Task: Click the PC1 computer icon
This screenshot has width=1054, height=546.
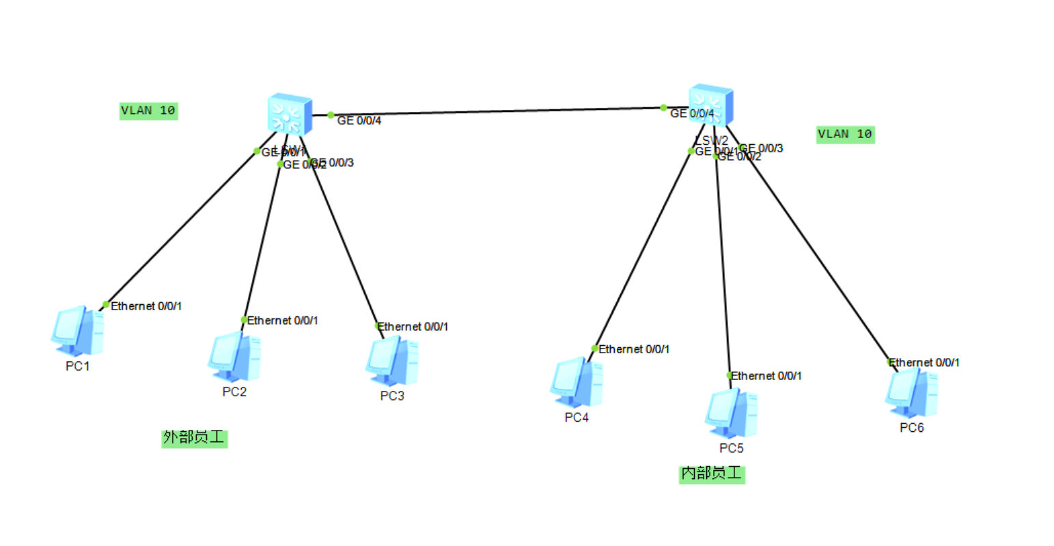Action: pyautogui.click(x=77, y=331)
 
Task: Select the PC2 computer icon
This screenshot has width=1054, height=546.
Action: pyautogui.click(x=234, y=357)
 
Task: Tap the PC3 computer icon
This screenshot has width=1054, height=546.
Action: pyautogui.click(x=391, y=361)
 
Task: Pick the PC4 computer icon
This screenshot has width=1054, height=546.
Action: pyautogui.click(x=577, y=382)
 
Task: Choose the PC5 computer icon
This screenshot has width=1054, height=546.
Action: pyautogui.click(x=731, y=413)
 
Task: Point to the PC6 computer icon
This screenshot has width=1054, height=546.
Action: pyautogui.click(x=911, y=393)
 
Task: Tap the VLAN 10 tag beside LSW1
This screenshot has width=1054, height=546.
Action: pyautogui.click(x=148, y=111)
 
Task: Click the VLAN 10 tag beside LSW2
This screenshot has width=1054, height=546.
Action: pyautogui.click(x=845, y=134)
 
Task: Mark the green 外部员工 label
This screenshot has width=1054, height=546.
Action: pyautogui.click(x=194, y=438)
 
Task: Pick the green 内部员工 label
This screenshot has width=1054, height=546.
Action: pyautogui.click(x=711, y=474)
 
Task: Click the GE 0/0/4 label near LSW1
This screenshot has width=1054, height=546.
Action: pyautogui.click(x=359, y=121)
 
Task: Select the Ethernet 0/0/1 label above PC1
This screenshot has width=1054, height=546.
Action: pyautogui.click(x=146, y=306)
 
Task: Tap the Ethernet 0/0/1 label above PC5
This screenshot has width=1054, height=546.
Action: pyautogui.click(x=766, y=376)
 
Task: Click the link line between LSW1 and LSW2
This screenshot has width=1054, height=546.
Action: pyautogui.click(x=492, y=111)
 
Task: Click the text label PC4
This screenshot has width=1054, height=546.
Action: pyautogui.click(x=577, y=418)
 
